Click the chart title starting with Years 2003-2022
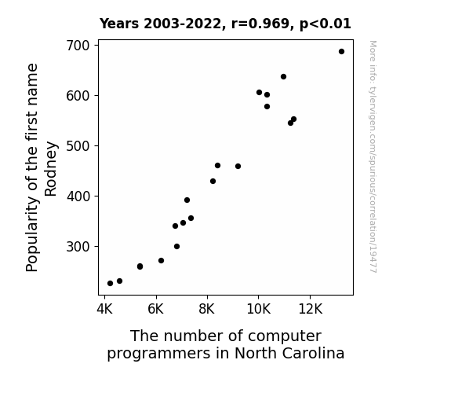(x=225, y=24)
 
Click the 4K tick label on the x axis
(x=104, y=309)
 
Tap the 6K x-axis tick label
(x=156, y=309)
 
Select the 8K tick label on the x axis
(x=207, y=309)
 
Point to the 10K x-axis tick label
(x=259, y=309)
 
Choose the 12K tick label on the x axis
(x=310, y=309)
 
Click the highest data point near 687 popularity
(x=341, y=52)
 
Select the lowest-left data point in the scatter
(x=110, y=284)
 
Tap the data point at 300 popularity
(x=177, y=247)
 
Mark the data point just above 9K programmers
(x=238, y=167)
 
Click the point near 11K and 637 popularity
(x=283, y=77)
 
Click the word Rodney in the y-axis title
(x=51, y=169)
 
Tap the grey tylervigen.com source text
(x=373, y=156)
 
